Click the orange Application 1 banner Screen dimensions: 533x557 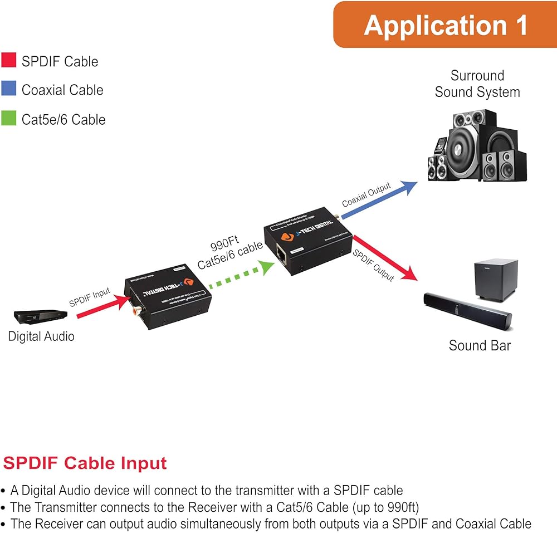(x=445, y=25)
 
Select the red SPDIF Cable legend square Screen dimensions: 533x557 (x=9, y=60)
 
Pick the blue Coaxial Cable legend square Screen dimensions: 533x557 (x=9, y=89)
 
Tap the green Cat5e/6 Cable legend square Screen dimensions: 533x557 (x=9, y=118)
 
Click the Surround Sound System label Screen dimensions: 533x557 (x=477, y=84)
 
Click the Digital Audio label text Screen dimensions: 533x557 (x=41, y=336)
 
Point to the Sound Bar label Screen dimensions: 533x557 (x=480, y=345)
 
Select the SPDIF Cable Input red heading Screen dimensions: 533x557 (x=85, y=463)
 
